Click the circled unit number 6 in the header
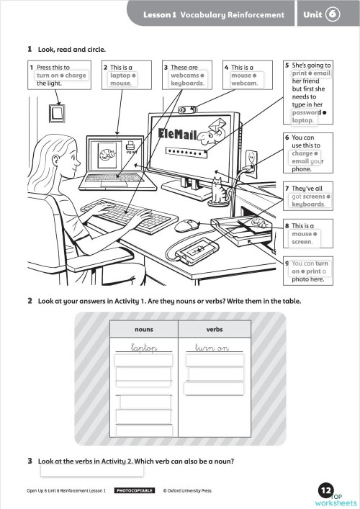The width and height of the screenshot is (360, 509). [x=332, y=14]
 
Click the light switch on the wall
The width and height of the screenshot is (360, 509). [x=55, y=113]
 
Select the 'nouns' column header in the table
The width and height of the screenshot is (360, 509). [x=144, y=329]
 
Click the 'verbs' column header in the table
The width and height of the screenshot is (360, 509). [x=214, y=329]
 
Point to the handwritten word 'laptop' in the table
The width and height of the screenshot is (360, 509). [x=144, y=348]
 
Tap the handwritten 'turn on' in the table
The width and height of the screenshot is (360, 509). [x=213, y=348]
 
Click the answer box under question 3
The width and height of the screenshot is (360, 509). [x=91, y=472]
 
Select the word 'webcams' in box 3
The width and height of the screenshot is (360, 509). [x=184, y=75]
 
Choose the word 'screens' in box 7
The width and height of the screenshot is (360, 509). [x=315, y=196]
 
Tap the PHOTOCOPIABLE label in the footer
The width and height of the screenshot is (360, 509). [x=135, y=490]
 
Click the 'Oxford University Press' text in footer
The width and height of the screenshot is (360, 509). [x=186, y=490]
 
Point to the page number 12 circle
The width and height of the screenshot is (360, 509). [x=326, y=490]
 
